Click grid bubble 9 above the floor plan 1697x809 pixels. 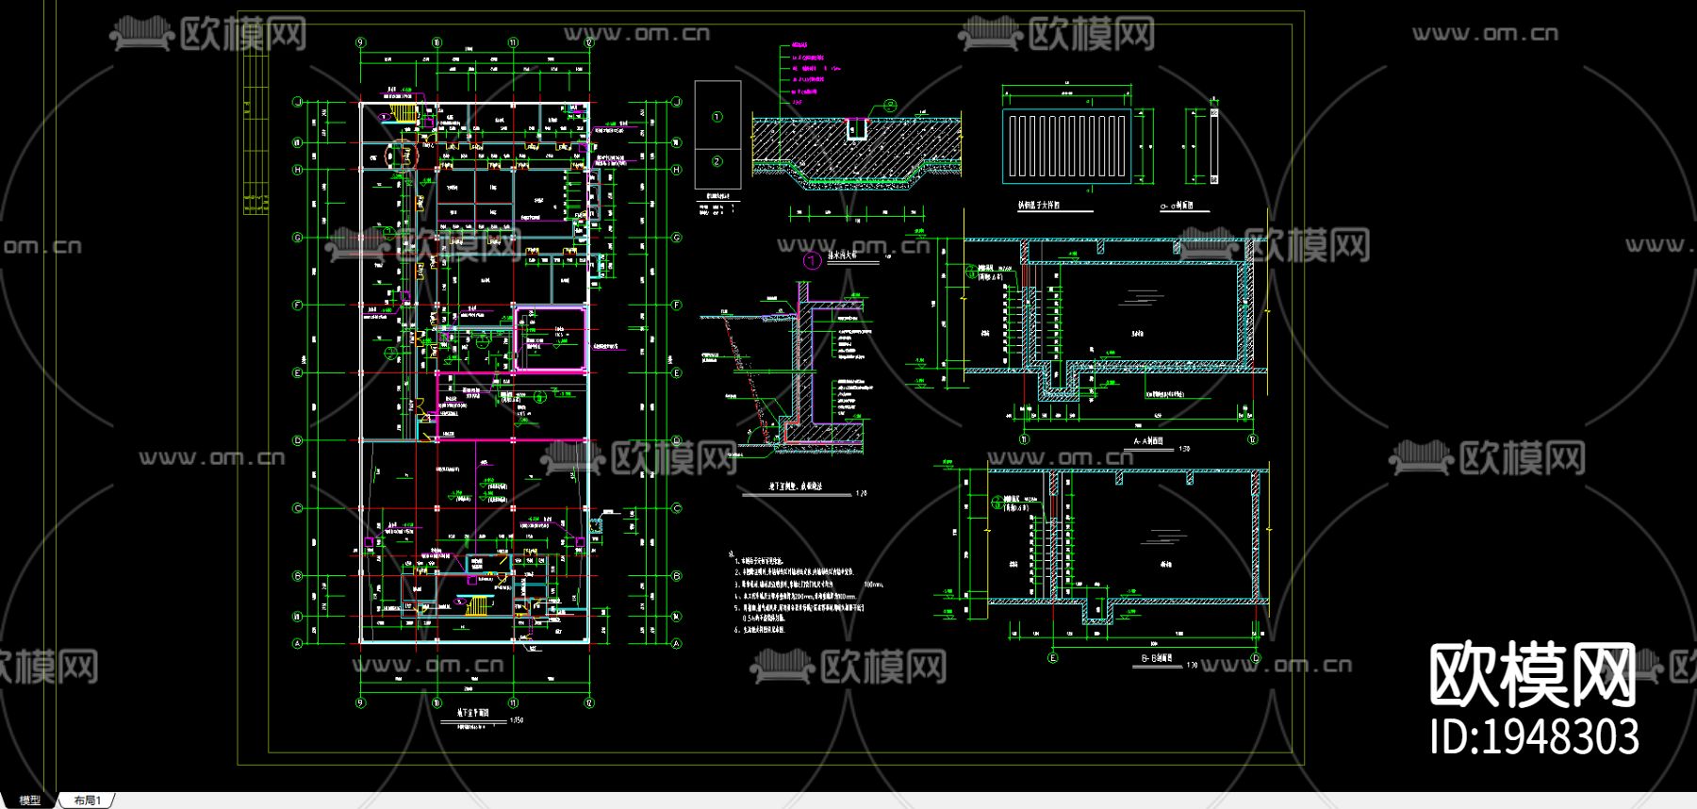click(x=360, y=42)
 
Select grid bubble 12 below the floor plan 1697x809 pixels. click(x=589, y=702)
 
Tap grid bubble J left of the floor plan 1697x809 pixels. click(x=298, y=102)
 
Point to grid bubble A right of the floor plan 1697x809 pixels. click(x=676, y=644)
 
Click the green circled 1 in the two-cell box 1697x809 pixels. click(x=717, y=117)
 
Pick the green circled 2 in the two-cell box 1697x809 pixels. click(x=717, y=161)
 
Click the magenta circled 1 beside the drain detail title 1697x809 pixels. click(x=811, y=260)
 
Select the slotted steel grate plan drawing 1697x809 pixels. click(x=1067, y=144)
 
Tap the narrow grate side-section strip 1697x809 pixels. click(x=1213, y=146)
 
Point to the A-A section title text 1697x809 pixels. click(x=1147, y=441)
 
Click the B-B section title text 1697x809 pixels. click(x=1156, y=658)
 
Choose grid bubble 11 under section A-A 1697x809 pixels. click(x=1025, y=438)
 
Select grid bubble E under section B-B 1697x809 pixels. click(x=1053, y=657)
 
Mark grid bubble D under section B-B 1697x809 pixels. click(x=1256, y=657)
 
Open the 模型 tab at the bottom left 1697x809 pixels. click(x=30, y=801)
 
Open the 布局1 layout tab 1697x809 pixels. click(x=88, y=801)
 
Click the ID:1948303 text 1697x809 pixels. click(x=1534, y=736)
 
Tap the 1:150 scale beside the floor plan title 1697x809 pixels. click(x=516, y=720)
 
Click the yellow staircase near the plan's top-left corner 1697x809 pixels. click(x=404, y=113)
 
